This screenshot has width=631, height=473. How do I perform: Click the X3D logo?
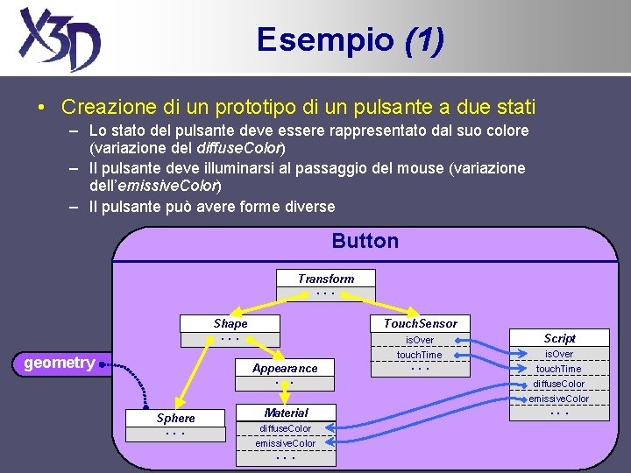coord(60,39)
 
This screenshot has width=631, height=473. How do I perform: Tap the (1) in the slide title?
coord(424,39)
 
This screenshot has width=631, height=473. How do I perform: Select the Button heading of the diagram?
coord(365,241)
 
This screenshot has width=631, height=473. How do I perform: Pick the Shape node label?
coord(230,323)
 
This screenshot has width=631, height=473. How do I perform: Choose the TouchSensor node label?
coord(420,323)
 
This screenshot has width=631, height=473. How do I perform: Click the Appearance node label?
coord(285,369)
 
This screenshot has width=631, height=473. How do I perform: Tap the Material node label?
coord(286,413)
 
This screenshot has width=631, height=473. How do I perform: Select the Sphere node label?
coord(175,418)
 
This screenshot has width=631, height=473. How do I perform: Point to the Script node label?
coord(559,338)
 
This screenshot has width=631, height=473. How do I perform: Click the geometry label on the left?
coord(60,363)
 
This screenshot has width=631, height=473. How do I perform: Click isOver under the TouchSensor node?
coord(419,340)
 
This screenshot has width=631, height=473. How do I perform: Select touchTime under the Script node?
coord(559,369)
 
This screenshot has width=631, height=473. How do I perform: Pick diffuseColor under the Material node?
coord(286,428)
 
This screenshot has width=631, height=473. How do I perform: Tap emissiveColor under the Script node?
coord(559,399)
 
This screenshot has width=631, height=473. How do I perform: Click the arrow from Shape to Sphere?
coord(198,377)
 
